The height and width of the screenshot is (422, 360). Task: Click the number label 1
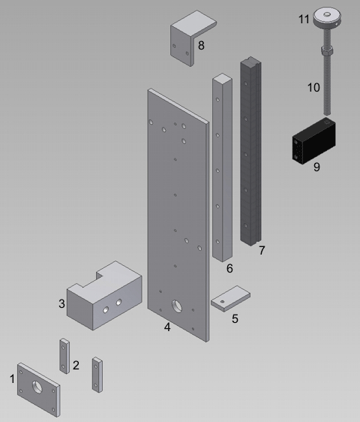point(12,379)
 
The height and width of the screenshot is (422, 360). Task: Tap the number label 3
point(62,303)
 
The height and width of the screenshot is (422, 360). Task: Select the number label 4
point(167,327)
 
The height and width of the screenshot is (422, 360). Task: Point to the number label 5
point(235,318)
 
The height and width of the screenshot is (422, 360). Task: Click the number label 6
point(229,268)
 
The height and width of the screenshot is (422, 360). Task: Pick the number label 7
point(261,251)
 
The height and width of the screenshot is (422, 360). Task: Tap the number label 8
point(201,46)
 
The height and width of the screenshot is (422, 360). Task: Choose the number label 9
point(316,167)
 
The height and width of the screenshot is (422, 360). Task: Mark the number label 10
point(313,87)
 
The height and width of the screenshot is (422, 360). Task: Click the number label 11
point(304,19)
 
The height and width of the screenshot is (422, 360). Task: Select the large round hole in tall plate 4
point(178,306)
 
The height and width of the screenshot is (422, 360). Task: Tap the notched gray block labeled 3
point(101,297)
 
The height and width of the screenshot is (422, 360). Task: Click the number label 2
point(76,366)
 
